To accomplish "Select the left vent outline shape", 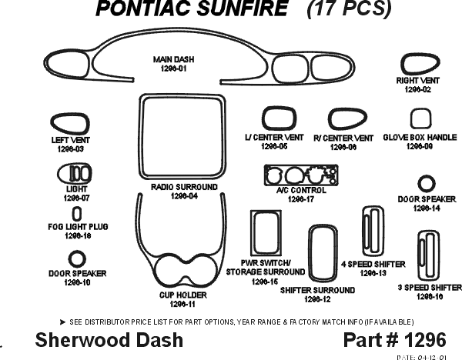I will point(69,123).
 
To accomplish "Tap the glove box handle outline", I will point(419,119).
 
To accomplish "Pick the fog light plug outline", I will point(77,213).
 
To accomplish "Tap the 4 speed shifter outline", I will point(373,230).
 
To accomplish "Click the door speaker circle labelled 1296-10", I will point(77,258).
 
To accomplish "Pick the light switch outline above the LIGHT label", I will point(78,172).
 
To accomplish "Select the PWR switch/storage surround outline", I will point(265,236).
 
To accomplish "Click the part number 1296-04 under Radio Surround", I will point(184,197).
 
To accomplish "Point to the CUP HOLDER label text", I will point(182,295).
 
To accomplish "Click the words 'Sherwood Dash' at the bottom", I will point(109,339).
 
